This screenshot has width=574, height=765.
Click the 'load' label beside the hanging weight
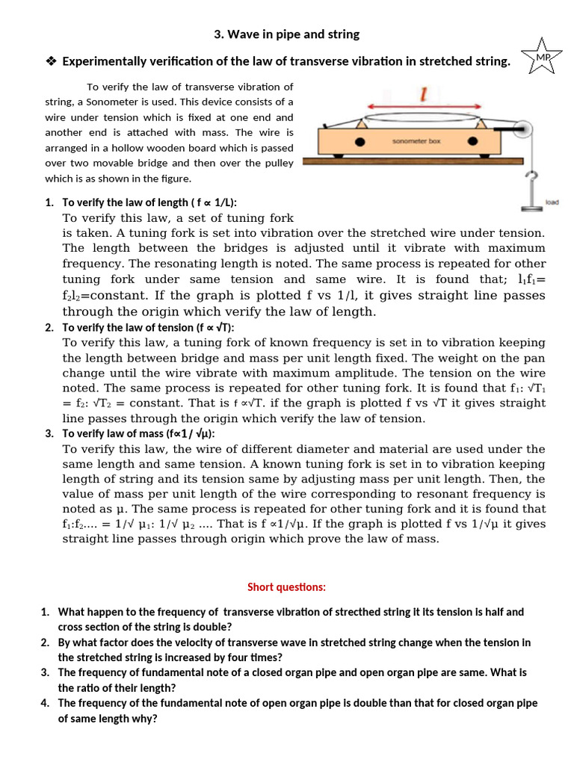pos(552,202)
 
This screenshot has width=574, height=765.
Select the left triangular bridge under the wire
pos(361,122)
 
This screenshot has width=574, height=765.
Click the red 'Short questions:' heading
pos(287,586)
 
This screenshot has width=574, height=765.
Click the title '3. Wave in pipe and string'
pos(286,34)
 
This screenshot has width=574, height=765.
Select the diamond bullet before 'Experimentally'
pos(51,61)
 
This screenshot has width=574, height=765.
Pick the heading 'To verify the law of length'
pos(149,202)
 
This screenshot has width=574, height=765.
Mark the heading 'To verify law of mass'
pos(138,433)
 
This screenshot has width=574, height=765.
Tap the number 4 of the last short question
pos(45,703)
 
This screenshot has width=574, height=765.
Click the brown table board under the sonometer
pos(433,160)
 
